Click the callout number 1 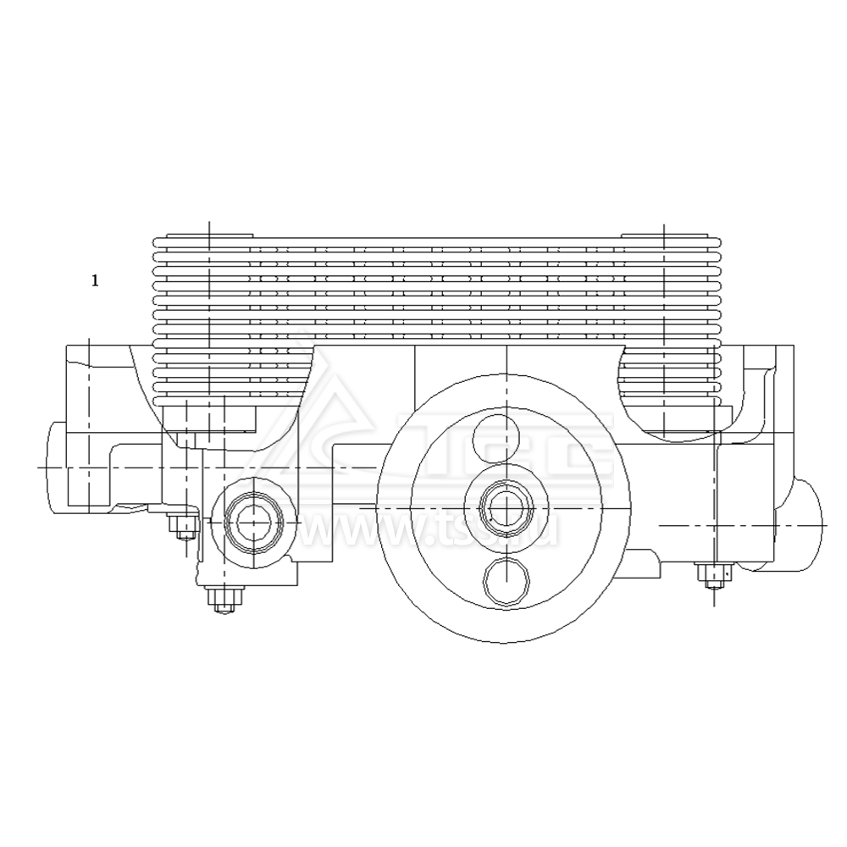coord(95,280)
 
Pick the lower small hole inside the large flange coord(506,582)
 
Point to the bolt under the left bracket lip coord(182,527)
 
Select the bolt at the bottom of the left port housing coord(223,600)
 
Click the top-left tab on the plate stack coord(209,235)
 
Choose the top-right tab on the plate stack coord(663,235)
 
